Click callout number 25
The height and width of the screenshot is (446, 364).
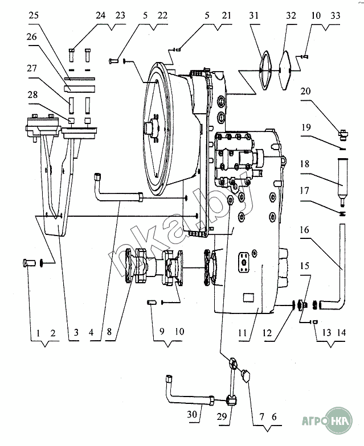click(33, 15)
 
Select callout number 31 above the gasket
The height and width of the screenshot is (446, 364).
click(253, 15)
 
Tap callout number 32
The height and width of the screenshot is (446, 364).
click(291, 15)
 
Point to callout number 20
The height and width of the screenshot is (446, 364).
click(305, 91)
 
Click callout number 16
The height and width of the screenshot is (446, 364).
click(304, 230)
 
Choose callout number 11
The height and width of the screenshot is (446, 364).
click(243, 332)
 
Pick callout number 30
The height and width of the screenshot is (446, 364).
click(192, 414)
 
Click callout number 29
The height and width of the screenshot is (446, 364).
click(222, 416)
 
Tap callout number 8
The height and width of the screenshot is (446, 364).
click(109, 332)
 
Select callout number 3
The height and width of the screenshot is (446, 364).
click(76, 332)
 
